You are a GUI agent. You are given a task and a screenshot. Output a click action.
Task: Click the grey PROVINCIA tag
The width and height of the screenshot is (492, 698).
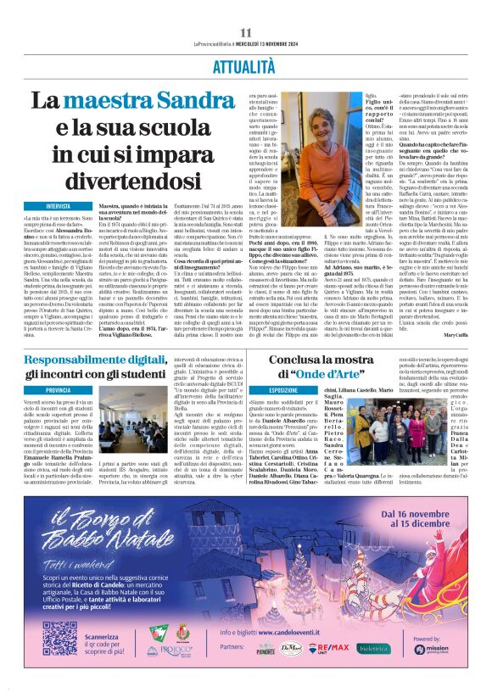coord(59,390)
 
